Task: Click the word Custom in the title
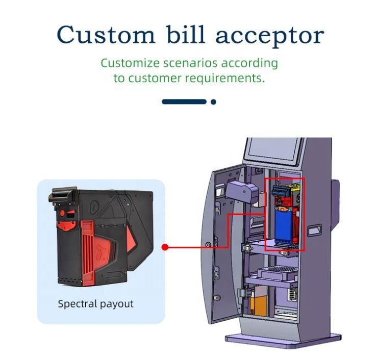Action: point(106,35)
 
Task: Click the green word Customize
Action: point(130,63)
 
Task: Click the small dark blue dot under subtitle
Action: point(213,102)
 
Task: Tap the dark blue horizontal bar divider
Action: point(184,101)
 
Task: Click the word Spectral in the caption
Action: point(78,304)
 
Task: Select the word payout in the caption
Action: point(116,304)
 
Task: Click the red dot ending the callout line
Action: point(165,247)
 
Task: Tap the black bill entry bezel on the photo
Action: point(63,195)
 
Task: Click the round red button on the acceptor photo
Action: point(62,213)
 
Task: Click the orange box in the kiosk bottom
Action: point(258,303)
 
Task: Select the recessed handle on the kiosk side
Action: point(314,230)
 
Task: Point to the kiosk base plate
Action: point(284,340)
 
